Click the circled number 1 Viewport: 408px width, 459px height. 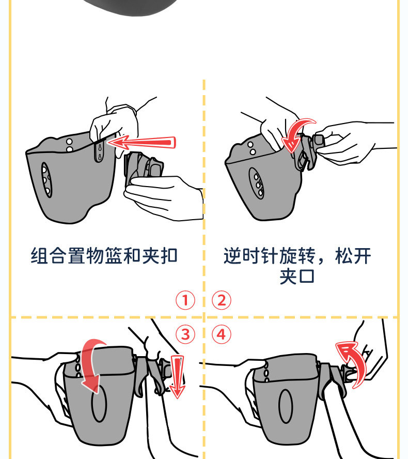click(x=185, y=300)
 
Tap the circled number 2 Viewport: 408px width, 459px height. click(x=222, y=300)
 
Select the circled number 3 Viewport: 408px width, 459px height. click(x=185, y=334)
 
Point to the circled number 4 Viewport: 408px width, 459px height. click(x=222, y=334)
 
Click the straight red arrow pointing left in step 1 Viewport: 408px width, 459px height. click(x=142, y=143)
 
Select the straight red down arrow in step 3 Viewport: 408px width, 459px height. click(x=177, y=377)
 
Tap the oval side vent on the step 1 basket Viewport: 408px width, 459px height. click(x=46, y=180)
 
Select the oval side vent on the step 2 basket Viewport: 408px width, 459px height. click(x=257, y=183)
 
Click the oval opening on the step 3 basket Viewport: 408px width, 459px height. click(x=99, y=403)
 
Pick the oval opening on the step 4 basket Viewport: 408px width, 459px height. click(x=286, y=406)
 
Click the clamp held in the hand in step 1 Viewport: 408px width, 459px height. click(x=143, y=167)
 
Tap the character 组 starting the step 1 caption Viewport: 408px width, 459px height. click(x=39, y=255)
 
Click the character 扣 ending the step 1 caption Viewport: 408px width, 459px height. click(x=169, y=255)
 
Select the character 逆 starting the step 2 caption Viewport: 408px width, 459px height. click(x=232, y=255)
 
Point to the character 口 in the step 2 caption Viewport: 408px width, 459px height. click(x=306, y=277)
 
